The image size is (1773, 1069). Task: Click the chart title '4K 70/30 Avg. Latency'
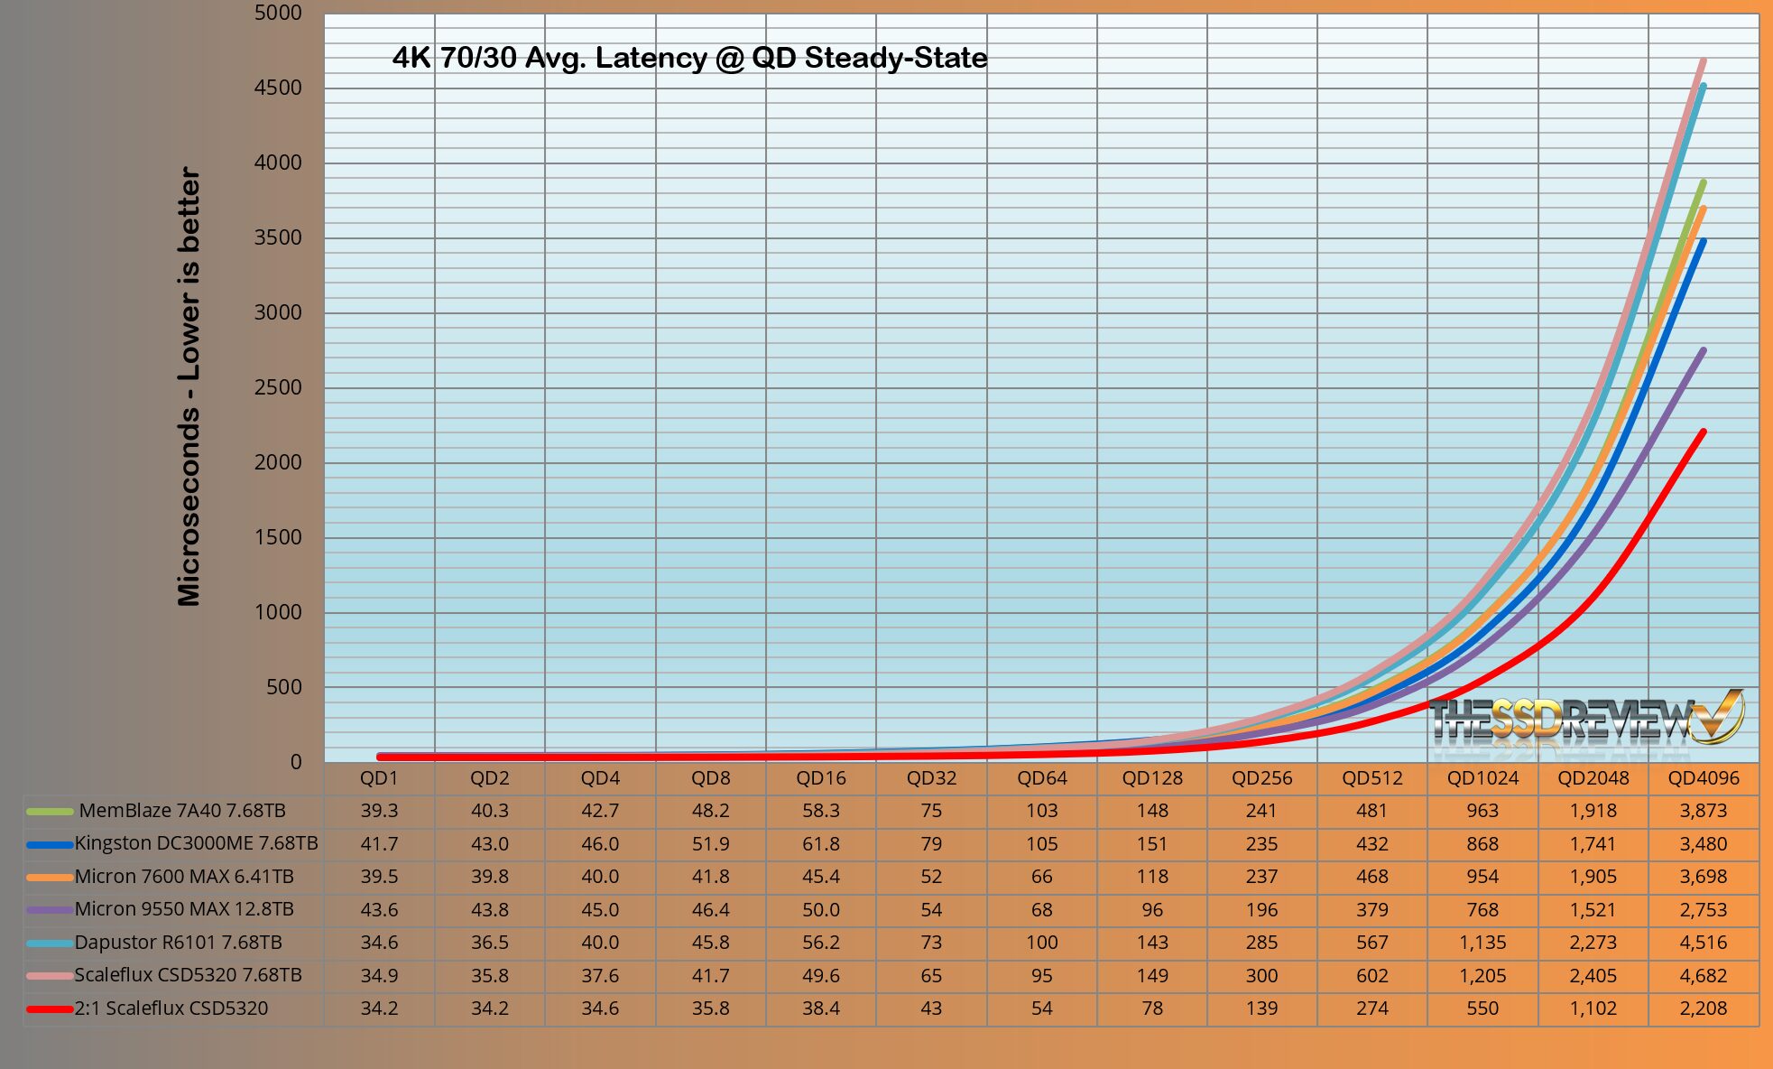pos(689,58)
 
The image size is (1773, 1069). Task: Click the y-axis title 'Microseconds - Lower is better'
pos(189,386)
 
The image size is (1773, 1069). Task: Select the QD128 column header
pos(1152,778)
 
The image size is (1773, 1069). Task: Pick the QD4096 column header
pos(1703,778)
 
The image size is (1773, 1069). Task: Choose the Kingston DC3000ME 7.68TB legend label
pos(196,843)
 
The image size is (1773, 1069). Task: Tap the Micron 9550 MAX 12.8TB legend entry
pos(184,909)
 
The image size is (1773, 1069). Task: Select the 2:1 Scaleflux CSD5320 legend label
pos(171,1009)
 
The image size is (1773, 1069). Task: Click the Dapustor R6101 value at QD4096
pos(1703,943)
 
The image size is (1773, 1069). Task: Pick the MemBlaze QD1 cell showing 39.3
pos(379,811)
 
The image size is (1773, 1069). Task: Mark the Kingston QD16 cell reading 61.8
pos(820,843)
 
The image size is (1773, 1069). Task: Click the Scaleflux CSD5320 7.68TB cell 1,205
pos(1482,975)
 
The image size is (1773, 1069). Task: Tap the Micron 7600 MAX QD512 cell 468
pos(1371,877)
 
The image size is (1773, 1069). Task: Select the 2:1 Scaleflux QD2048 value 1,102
pos(1593,1009)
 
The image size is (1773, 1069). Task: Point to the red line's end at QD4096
pos(1703,432)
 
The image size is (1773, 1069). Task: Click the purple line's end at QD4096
pos(1703,350)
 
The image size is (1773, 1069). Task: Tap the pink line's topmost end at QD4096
pos(1703,61)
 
